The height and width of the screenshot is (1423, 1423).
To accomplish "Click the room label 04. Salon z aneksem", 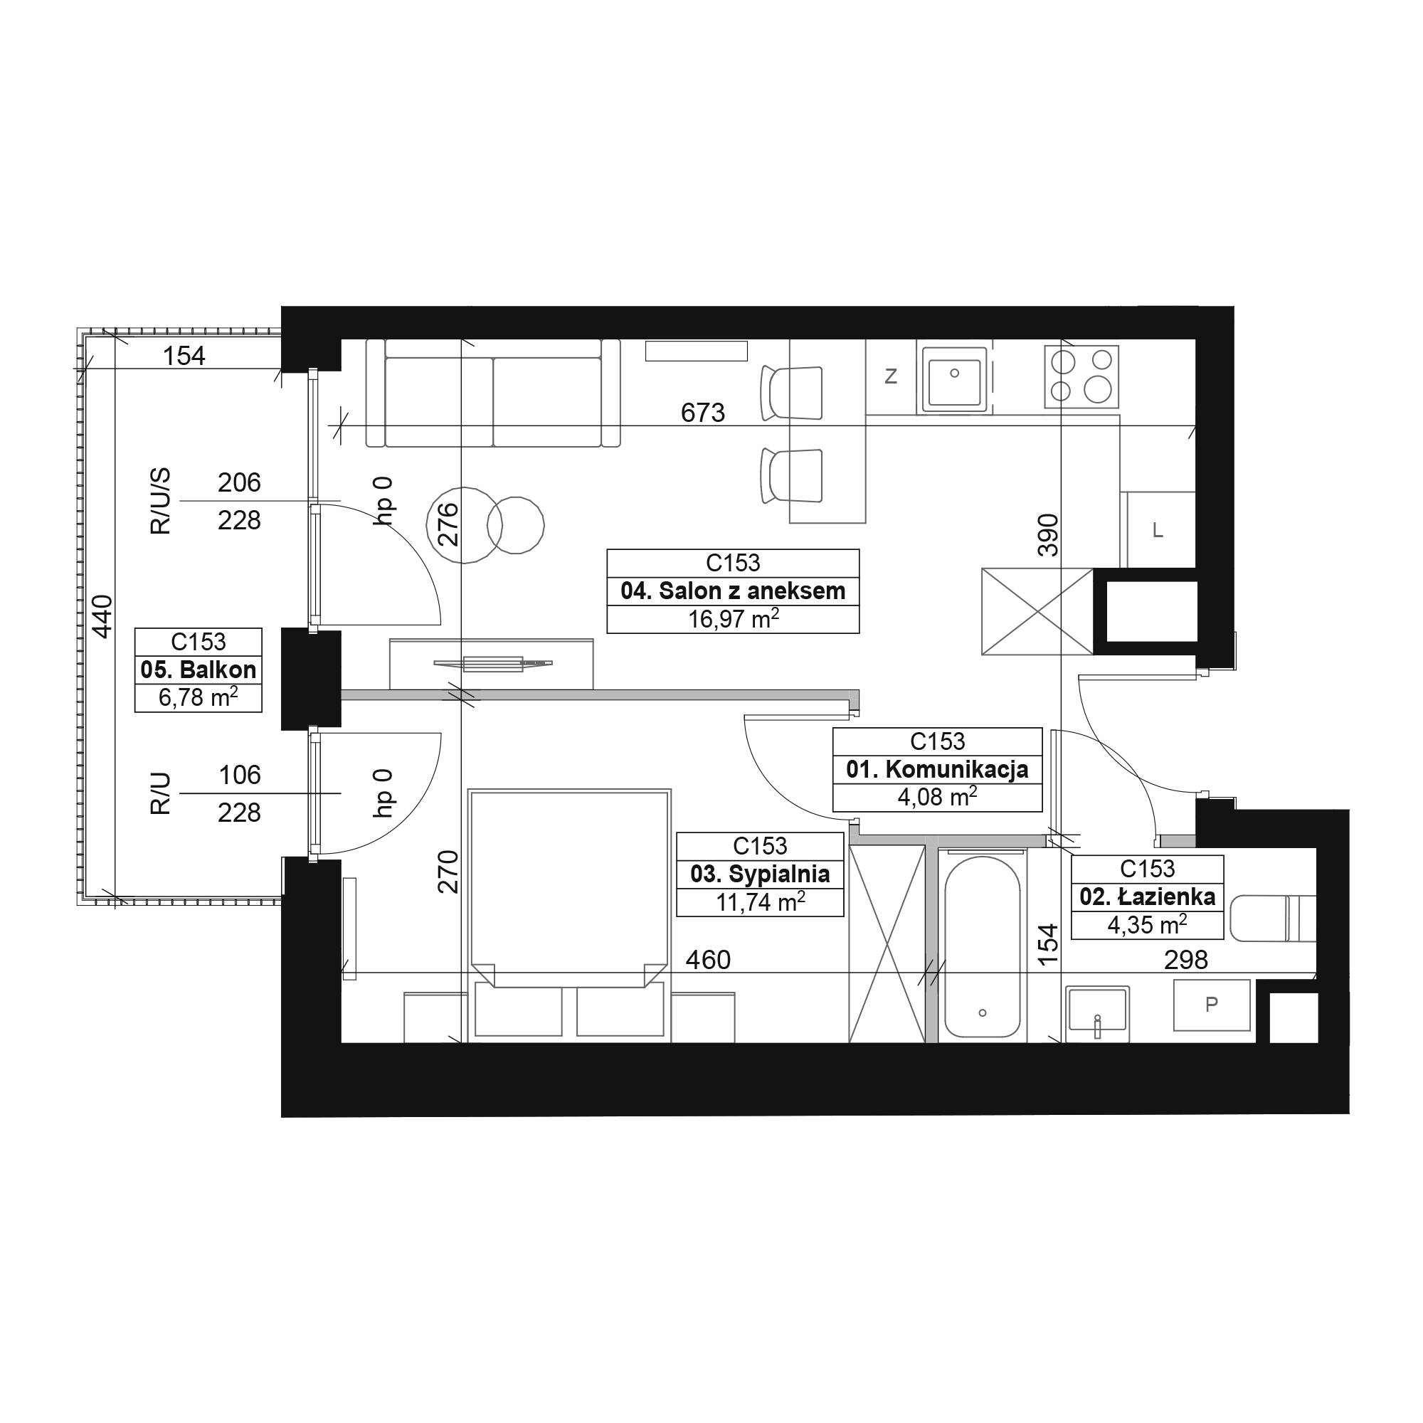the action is pyautogui.click(x=733, y=591).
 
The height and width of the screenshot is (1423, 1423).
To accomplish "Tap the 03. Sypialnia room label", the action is pyautogui.click(x=760, y=874).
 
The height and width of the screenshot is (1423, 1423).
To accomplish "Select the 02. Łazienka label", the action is pyautogui.click(x=1148, y=896).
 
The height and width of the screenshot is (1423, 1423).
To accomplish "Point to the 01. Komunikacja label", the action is pyautogui.click(x=937, y=770).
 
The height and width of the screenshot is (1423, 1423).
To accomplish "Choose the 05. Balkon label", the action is pyautogui.click(x=198, y=670).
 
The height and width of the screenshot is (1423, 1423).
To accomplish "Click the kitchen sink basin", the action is pyautogui.click(x=955, y=377).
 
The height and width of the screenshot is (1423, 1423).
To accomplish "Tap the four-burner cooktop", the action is pyautogui.click(x=1081, y=377).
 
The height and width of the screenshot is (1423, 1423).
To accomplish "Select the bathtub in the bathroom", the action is pyautogui.click(x=983, y=947).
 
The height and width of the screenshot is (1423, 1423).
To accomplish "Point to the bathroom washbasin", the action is pyautogui.click(x=1096, y=1012).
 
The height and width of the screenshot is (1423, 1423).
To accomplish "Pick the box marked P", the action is pyautogui.click(x=1212, y=1005).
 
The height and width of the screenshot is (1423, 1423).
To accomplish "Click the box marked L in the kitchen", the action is pyautogui.click(x=1158, y=529).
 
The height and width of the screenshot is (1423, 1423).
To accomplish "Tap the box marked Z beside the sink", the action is pyautogui.click(x=891, y=376).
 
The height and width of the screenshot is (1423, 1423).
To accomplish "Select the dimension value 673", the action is pyautogui.click(x=703, y=413).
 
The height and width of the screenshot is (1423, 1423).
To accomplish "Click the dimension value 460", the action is pyautogui.click(x=708, y=960).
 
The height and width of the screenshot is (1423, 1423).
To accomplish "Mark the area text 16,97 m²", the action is pyautogui.click(x=733, y=619).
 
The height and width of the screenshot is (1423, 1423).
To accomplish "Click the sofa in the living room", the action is pyautogui.click(x=494, y=393).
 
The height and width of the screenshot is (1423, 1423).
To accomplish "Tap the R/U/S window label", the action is pyautogui.click(x=161, y=501).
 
